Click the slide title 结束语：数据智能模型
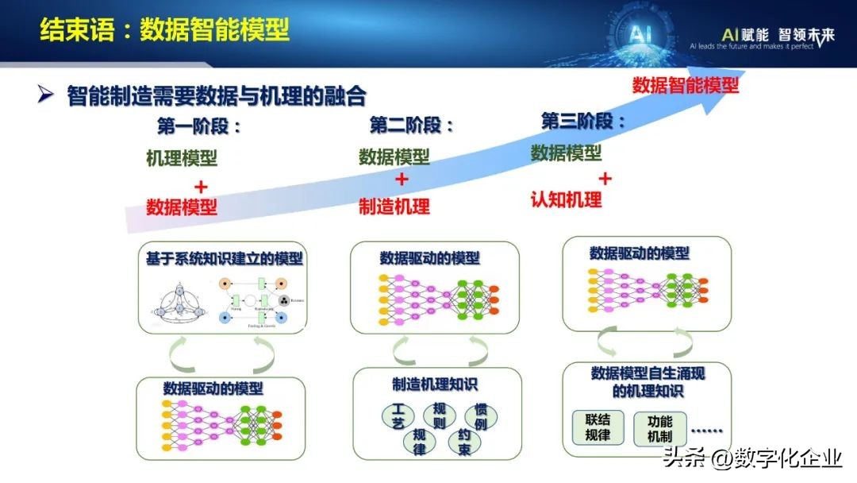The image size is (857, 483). pyautogui.click(x=164, y=30)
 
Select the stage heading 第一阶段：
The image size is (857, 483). pyautogui.click(x=199, y=126)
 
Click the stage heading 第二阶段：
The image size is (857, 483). pyautogui.click(x=412, y=126)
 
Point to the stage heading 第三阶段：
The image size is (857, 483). pyautogui.click(x=583, y=122)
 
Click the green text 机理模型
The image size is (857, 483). pyautogui.click(x=182, y=158)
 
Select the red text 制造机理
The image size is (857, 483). pyautogui.click(x=394, y=207)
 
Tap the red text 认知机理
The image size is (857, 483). pyautogui.click(x=566, y=199)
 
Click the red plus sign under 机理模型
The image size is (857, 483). pyautogui.click(x=201, y=187)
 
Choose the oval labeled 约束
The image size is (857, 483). pyautogui.click(x=464, y=441)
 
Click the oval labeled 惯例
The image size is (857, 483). pyautogui.click(x=479, y=415)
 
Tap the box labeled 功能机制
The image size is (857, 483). pyautogui.click(x=659, y=428)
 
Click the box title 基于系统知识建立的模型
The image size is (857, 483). pyautogui.click(x=225, y=260)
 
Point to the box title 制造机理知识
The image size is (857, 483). pyautogui.click(x=435, y=384)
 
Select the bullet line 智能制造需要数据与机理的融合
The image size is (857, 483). pyautogui.click(x=216, y=96)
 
